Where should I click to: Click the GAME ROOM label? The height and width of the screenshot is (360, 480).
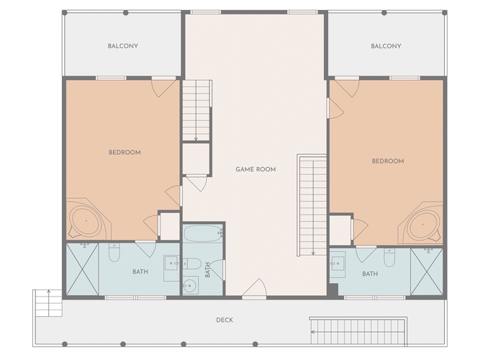255,169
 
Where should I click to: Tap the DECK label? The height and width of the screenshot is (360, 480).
225,320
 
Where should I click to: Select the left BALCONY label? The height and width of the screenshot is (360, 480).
123,46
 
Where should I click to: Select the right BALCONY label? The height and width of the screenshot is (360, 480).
386,46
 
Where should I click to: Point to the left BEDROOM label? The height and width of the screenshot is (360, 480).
125,152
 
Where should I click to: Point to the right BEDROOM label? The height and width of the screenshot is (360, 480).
388,161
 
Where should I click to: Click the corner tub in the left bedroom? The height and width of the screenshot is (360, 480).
86,220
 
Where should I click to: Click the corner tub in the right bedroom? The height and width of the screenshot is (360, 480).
422,223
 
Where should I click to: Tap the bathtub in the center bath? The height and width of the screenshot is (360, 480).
203,234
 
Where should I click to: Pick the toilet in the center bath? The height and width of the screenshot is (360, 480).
192,264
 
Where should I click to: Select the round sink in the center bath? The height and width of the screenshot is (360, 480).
191,286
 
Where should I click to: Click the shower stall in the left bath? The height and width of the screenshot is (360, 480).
83,269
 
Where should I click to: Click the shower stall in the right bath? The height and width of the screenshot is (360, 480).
427,271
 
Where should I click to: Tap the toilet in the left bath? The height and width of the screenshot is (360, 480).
114,253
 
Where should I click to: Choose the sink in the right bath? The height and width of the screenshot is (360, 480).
338,263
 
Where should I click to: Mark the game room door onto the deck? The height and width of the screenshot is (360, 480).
254,288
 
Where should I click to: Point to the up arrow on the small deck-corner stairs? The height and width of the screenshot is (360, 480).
48,302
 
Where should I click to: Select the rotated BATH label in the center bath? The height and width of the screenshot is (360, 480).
207,270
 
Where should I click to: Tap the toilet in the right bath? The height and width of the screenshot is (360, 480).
389,257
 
